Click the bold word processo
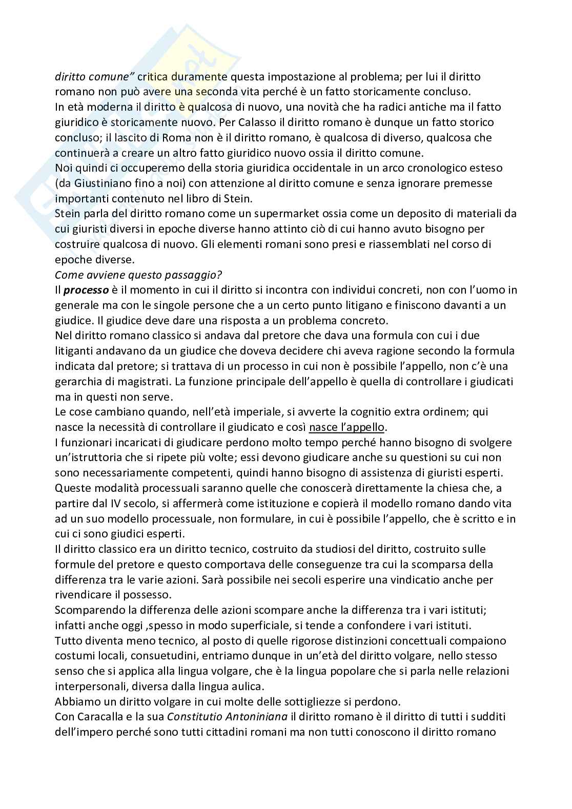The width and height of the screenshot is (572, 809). [86, 290]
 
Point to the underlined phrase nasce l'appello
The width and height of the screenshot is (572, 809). [346, 427]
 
